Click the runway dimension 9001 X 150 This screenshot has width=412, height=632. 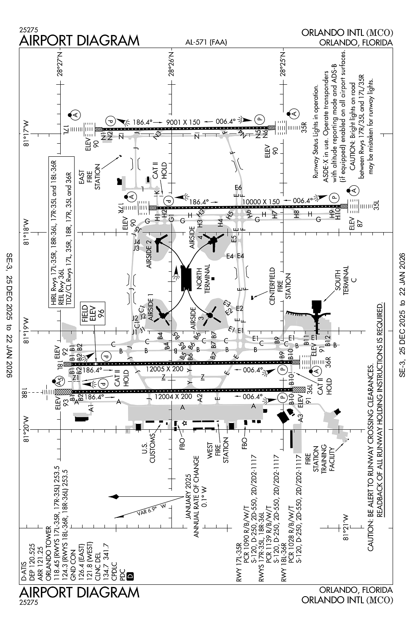(x=183, y=122)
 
